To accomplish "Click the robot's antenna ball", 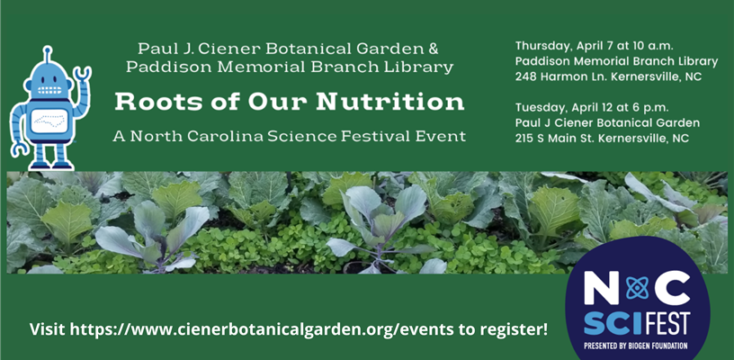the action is click(x=47, y=49).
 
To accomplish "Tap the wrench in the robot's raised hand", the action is click(x=84, y=74).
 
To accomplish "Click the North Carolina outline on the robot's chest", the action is click(x=49, y=121).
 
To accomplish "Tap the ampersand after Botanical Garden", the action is click(x=433, y=49).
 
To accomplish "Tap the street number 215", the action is click(x=524, y=139).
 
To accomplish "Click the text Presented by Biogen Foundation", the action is click(x=635, y=346).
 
